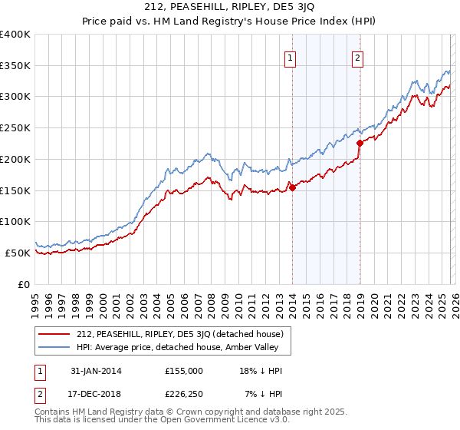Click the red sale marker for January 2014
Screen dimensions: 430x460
292,187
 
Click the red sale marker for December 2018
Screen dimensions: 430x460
360,142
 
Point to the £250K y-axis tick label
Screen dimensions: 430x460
15,128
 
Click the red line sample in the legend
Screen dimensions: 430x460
54,334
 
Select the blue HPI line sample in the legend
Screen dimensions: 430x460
54,348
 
